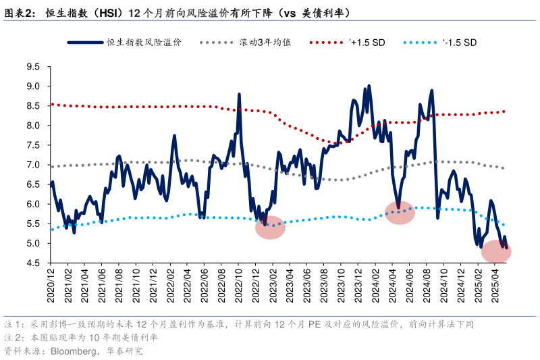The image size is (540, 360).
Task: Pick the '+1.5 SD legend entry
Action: pos(365,42)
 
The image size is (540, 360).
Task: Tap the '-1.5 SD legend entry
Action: pos(459,42)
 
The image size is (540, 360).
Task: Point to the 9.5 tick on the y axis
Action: pos(33,66)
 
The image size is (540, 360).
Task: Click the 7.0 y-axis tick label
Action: pos(33,165)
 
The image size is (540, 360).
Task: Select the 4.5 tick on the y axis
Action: pos(33,263)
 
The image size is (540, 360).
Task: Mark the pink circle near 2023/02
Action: pos(271,227)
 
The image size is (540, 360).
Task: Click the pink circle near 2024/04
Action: pos(400,212)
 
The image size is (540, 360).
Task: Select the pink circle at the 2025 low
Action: pos(496,251)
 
